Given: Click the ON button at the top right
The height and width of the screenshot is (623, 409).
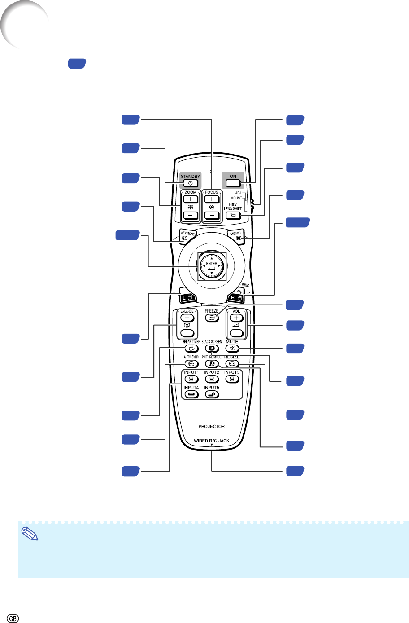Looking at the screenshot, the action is pos(233,183).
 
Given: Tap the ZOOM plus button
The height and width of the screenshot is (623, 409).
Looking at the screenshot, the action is pos(191,199).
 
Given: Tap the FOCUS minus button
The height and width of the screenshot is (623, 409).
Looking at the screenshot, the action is pos(212,215).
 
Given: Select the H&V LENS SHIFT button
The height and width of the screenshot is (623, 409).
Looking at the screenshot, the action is pos(233,215).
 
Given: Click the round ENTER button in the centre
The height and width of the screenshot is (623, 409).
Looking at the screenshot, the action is pos(212,266).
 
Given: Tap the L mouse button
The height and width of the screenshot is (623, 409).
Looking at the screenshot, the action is pos(187,297).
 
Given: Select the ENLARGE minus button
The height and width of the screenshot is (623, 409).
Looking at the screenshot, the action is pos(187,333).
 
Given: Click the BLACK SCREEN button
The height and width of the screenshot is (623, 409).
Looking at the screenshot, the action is pos(212,348).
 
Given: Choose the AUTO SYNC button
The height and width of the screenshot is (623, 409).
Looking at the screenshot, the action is pos(191,363).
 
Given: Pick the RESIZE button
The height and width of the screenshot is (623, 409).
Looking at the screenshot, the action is pos(232,363).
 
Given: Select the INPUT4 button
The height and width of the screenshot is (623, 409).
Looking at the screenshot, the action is pos(191,394).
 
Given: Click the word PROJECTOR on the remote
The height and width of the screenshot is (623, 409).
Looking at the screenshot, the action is pos(212,426).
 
